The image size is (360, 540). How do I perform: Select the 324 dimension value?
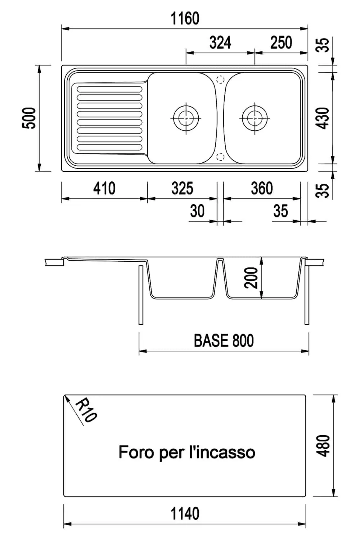pos(220,43)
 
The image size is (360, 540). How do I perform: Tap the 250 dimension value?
pos(281,43)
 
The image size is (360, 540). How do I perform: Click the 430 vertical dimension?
pos(324,118)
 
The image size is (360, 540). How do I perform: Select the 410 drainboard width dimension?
pos(104,189)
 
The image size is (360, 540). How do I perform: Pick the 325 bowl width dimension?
pos(182,189)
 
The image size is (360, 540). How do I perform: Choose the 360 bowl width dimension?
pos(262,189)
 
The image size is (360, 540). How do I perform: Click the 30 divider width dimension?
pos(197,211)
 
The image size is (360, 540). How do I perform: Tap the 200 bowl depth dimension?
pos(251,278)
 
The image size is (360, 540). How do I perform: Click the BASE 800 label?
pos(224,341)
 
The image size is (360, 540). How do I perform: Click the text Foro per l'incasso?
pos(187,452)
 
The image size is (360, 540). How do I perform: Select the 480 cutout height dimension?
pos(324,446)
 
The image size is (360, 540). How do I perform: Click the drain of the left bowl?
pos(186,118)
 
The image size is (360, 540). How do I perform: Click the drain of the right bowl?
pos(255,118)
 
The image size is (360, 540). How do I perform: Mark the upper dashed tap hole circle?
pos(221,80)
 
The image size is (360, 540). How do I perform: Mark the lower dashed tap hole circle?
pos(221,157)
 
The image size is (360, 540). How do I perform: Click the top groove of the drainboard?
pos(110,89)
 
